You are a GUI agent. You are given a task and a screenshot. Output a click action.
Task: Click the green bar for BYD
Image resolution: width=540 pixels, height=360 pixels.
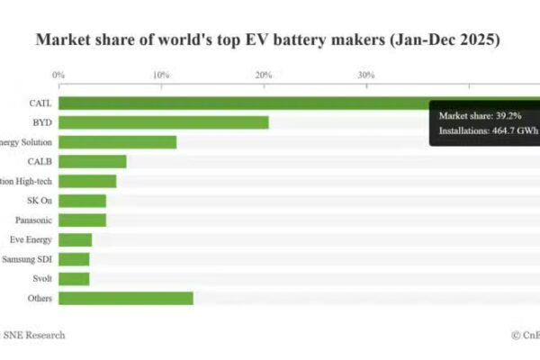point(163,122)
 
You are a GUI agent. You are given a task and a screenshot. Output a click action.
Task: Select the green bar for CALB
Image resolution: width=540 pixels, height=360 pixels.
point(92,161)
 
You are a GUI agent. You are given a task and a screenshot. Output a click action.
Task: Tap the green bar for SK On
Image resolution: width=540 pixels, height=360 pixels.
point(82,201)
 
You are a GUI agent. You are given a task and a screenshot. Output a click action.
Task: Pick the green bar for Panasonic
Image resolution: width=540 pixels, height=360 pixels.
point(82,220)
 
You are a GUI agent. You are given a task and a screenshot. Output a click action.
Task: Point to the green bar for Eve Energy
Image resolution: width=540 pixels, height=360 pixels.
point(75,239)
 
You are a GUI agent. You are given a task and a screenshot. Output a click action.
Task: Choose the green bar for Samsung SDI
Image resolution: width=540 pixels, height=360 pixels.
point(74,259)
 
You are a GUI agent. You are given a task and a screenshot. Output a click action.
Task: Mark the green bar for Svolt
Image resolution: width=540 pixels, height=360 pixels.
point(74,278)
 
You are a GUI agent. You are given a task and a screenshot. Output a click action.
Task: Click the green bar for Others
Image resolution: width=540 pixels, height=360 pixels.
point(125,298)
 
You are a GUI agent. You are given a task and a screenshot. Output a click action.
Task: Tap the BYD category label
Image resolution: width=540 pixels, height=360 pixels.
point(40,122)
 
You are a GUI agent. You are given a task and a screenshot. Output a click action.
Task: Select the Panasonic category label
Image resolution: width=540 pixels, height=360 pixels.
point(33,220)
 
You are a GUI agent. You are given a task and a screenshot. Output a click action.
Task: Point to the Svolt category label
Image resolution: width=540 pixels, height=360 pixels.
point(41,278)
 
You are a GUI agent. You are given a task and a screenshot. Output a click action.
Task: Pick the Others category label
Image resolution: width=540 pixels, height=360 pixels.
point(40,298)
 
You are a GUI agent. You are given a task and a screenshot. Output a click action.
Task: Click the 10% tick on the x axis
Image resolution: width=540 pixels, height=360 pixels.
point(160,75)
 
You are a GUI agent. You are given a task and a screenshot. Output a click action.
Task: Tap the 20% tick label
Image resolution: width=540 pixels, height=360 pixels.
point(263,75)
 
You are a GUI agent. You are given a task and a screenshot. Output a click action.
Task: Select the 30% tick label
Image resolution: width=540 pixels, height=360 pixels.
point(365,75)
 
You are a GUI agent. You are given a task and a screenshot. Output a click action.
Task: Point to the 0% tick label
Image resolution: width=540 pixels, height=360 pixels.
point(58,75)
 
